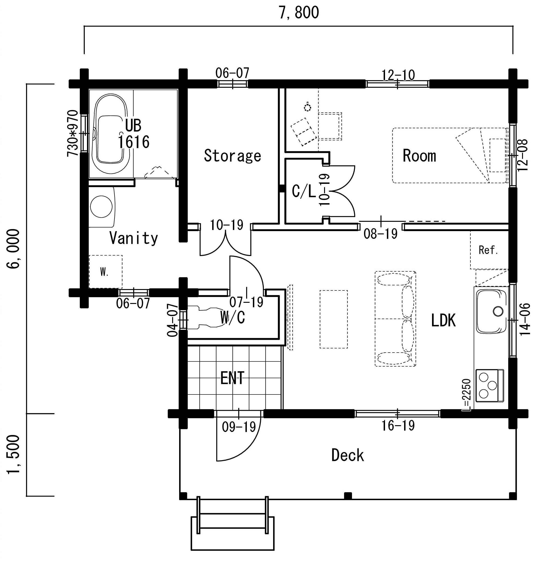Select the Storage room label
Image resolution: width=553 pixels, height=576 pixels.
point(232,156)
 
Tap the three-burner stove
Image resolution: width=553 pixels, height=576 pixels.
point(489,385)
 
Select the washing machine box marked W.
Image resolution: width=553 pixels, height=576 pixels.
point(105,272)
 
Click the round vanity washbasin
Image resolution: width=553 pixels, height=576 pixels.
point(101,207)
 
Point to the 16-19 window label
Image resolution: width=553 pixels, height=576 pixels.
point(398,425)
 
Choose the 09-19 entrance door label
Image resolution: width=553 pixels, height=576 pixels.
point(239,427)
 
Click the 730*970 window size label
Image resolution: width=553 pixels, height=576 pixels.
point(73,133)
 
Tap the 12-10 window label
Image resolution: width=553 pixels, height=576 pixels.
point(398,75)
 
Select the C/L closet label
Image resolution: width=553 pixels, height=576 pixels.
point(303,191)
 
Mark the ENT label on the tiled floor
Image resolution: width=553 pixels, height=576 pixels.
point(232,378)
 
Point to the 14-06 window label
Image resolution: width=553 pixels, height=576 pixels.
point(524,319)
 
